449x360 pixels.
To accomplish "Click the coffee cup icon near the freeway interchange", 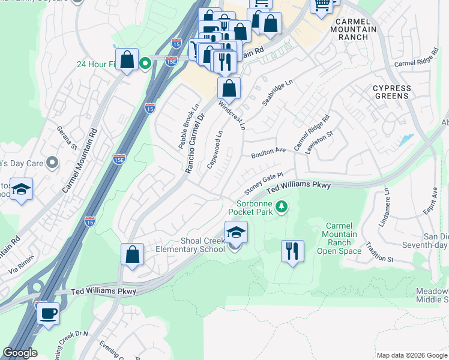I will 48,313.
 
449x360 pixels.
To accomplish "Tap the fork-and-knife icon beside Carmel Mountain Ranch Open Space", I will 292,251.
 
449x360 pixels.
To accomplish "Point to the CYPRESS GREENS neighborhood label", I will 392,92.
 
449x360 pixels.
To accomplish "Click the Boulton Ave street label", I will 268,149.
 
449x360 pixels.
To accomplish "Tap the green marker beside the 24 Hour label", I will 145,62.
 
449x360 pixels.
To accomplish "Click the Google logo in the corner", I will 20,353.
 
